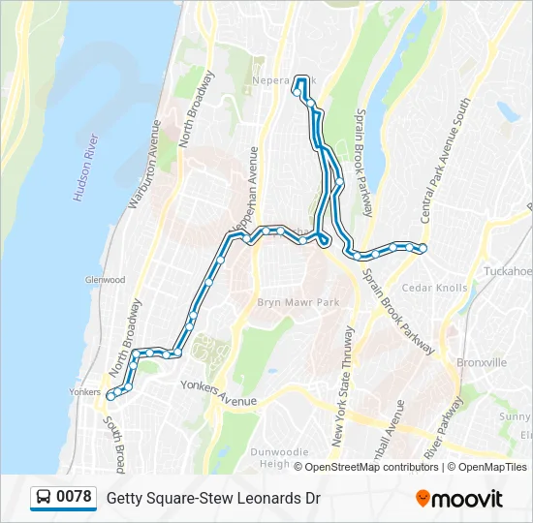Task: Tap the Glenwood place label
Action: pos(105,280)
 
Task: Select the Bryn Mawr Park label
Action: pos(298,303)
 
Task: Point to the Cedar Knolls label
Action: pos(433,288)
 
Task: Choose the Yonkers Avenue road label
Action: pos(219,393)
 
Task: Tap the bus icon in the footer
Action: pos(44,498)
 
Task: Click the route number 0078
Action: pos(75,498)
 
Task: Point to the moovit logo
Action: pos(459,499)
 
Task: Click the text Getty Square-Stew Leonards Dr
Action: pos(213,499)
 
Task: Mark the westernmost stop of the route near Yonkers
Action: pos(111,395)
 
